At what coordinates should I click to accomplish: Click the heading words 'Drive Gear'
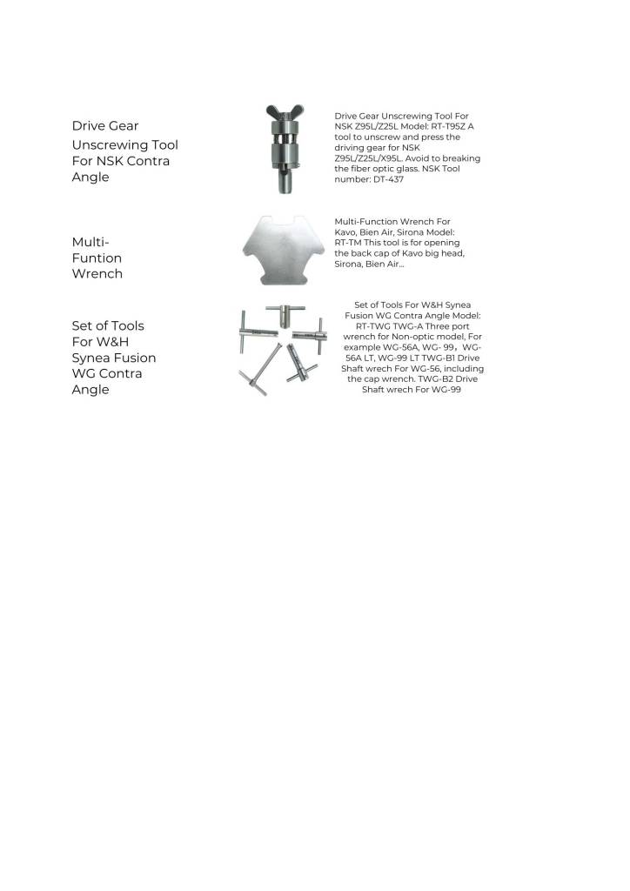[104, 126]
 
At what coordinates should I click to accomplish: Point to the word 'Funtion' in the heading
[97, 258]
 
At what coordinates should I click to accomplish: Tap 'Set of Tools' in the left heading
[108, 325]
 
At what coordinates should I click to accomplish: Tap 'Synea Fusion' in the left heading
[114, 358]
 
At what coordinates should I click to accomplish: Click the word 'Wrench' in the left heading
[97, 273]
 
